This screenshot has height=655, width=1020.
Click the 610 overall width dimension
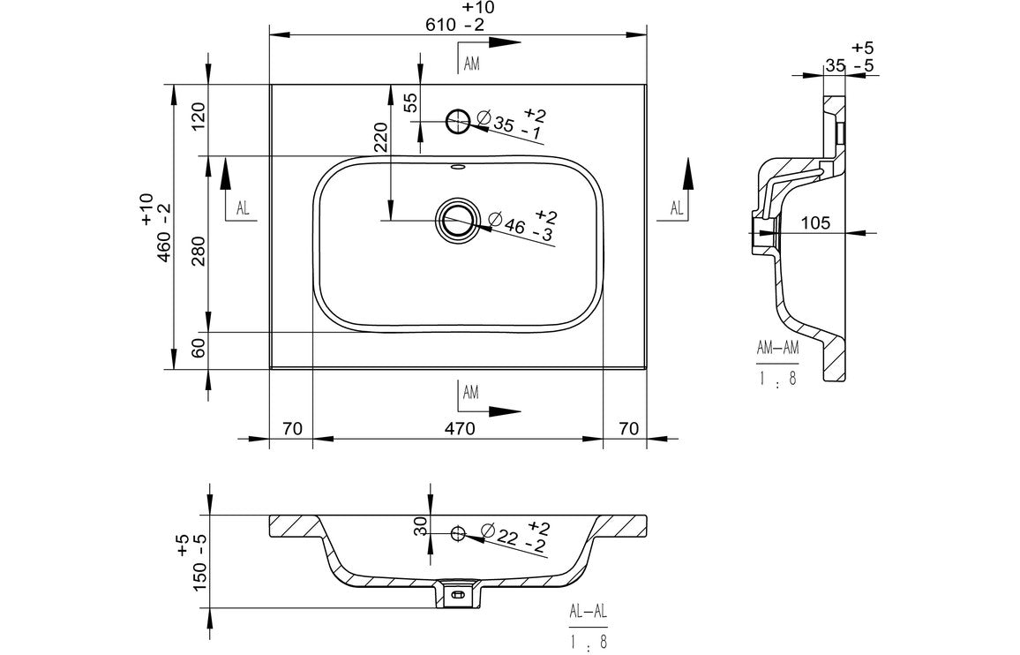452,25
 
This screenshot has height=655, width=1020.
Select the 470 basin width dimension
459,429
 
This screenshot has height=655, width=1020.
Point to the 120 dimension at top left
199,115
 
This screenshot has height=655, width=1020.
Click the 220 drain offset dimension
380,138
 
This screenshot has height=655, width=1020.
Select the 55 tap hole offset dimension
410,102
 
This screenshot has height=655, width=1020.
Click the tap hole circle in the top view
459,121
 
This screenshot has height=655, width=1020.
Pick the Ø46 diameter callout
517,226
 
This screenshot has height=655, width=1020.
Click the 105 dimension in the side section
815,223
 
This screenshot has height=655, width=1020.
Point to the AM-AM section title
776,350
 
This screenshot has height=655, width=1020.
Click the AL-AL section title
589,612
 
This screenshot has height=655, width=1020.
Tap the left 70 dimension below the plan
292,429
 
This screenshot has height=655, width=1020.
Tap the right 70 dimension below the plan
628,429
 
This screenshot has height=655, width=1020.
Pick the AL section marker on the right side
677,208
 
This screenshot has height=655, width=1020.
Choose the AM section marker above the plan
471,63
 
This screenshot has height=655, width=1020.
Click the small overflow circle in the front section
457,533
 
